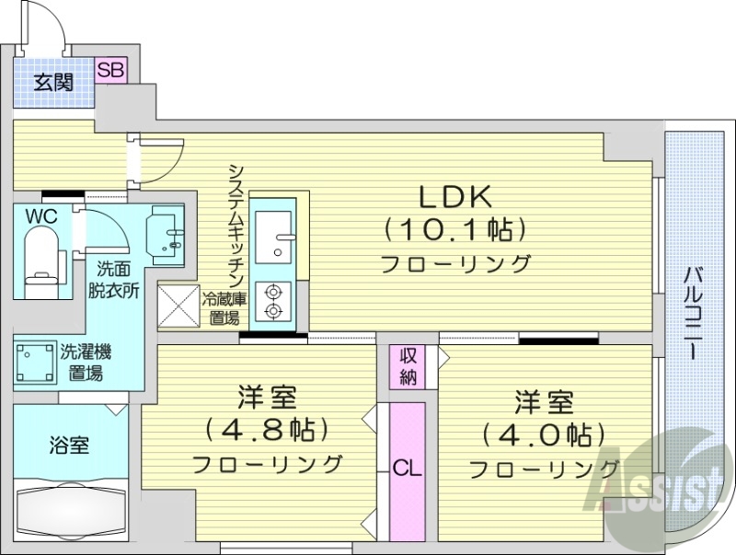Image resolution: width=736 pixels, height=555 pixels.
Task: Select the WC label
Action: coord(40,217)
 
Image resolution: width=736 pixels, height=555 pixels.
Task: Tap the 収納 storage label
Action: coord(408,366)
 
